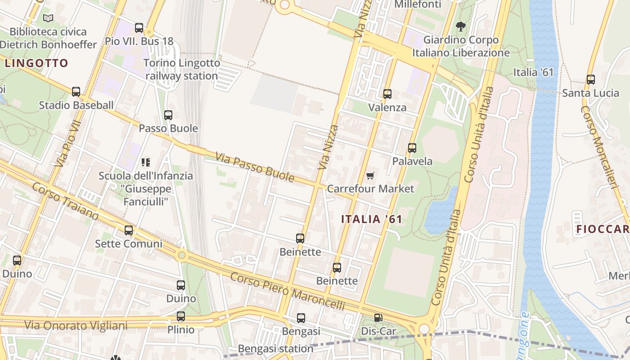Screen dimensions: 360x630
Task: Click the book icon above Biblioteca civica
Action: pyautogui.click(x=48, y=18)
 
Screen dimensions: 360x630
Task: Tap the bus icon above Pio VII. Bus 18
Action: pyautogui.click(x=139, y=28)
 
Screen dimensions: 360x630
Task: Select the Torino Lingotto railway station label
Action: pyautogui.click(x=182, y=69)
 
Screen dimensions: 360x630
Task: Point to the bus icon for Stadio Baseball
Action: pyautogui.click(x=76, y=92)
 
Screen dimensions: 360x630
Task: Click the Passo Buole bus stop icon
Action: pyautogui.click(x=168, y=115)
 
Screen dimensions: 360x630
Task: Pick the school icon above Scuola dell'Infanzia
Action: pyautogui.click(x=145, y=162)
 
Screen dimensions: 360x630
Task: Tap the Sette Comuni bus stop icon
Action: pyautogui.click(x=129, y=230)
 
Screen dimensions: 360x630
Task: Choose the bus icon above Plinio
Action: pyautogui.click(x=181, y=316)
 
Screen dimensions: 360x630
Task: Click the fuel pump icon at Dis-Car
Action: pyautogui.click(x=378, y=318)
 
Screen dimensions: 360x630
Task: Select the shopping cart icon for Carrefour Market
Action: pyautogui.click(x=370, y=175)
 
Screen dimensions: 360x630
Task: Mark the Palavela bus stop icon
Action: pyautogui.click(x=412, y=148)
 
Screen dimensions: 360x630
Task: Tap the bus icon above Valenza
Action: pyautogui.click(x=387, y=94)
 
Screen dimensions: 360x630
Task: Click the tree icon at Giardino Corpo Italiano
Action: pyautogui.click(x=460, y=27)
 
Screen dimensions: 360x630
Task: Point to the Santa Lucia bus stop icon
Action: pyautogui.click(x=591, y=80)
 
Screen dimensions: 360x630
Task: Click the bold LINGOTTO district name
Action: pyautogui.click(x=36, y=63)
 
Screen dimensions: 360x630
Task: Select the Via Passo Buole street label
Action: pyautogui.click(x=255, y=167)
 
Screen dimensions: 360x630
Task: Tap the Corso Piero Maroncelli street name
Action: pyautogui.click(x=288, y=291)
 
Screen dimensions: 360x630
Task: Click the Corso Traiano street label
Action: pyautogui.click(x=65, y=201)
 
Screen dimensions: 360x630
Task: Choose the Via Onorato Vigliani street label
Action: pyautogui.click(x=76, y=325)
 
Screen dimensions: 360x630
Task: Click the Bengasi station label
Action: pyautogui.click(x=275, y=349)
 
